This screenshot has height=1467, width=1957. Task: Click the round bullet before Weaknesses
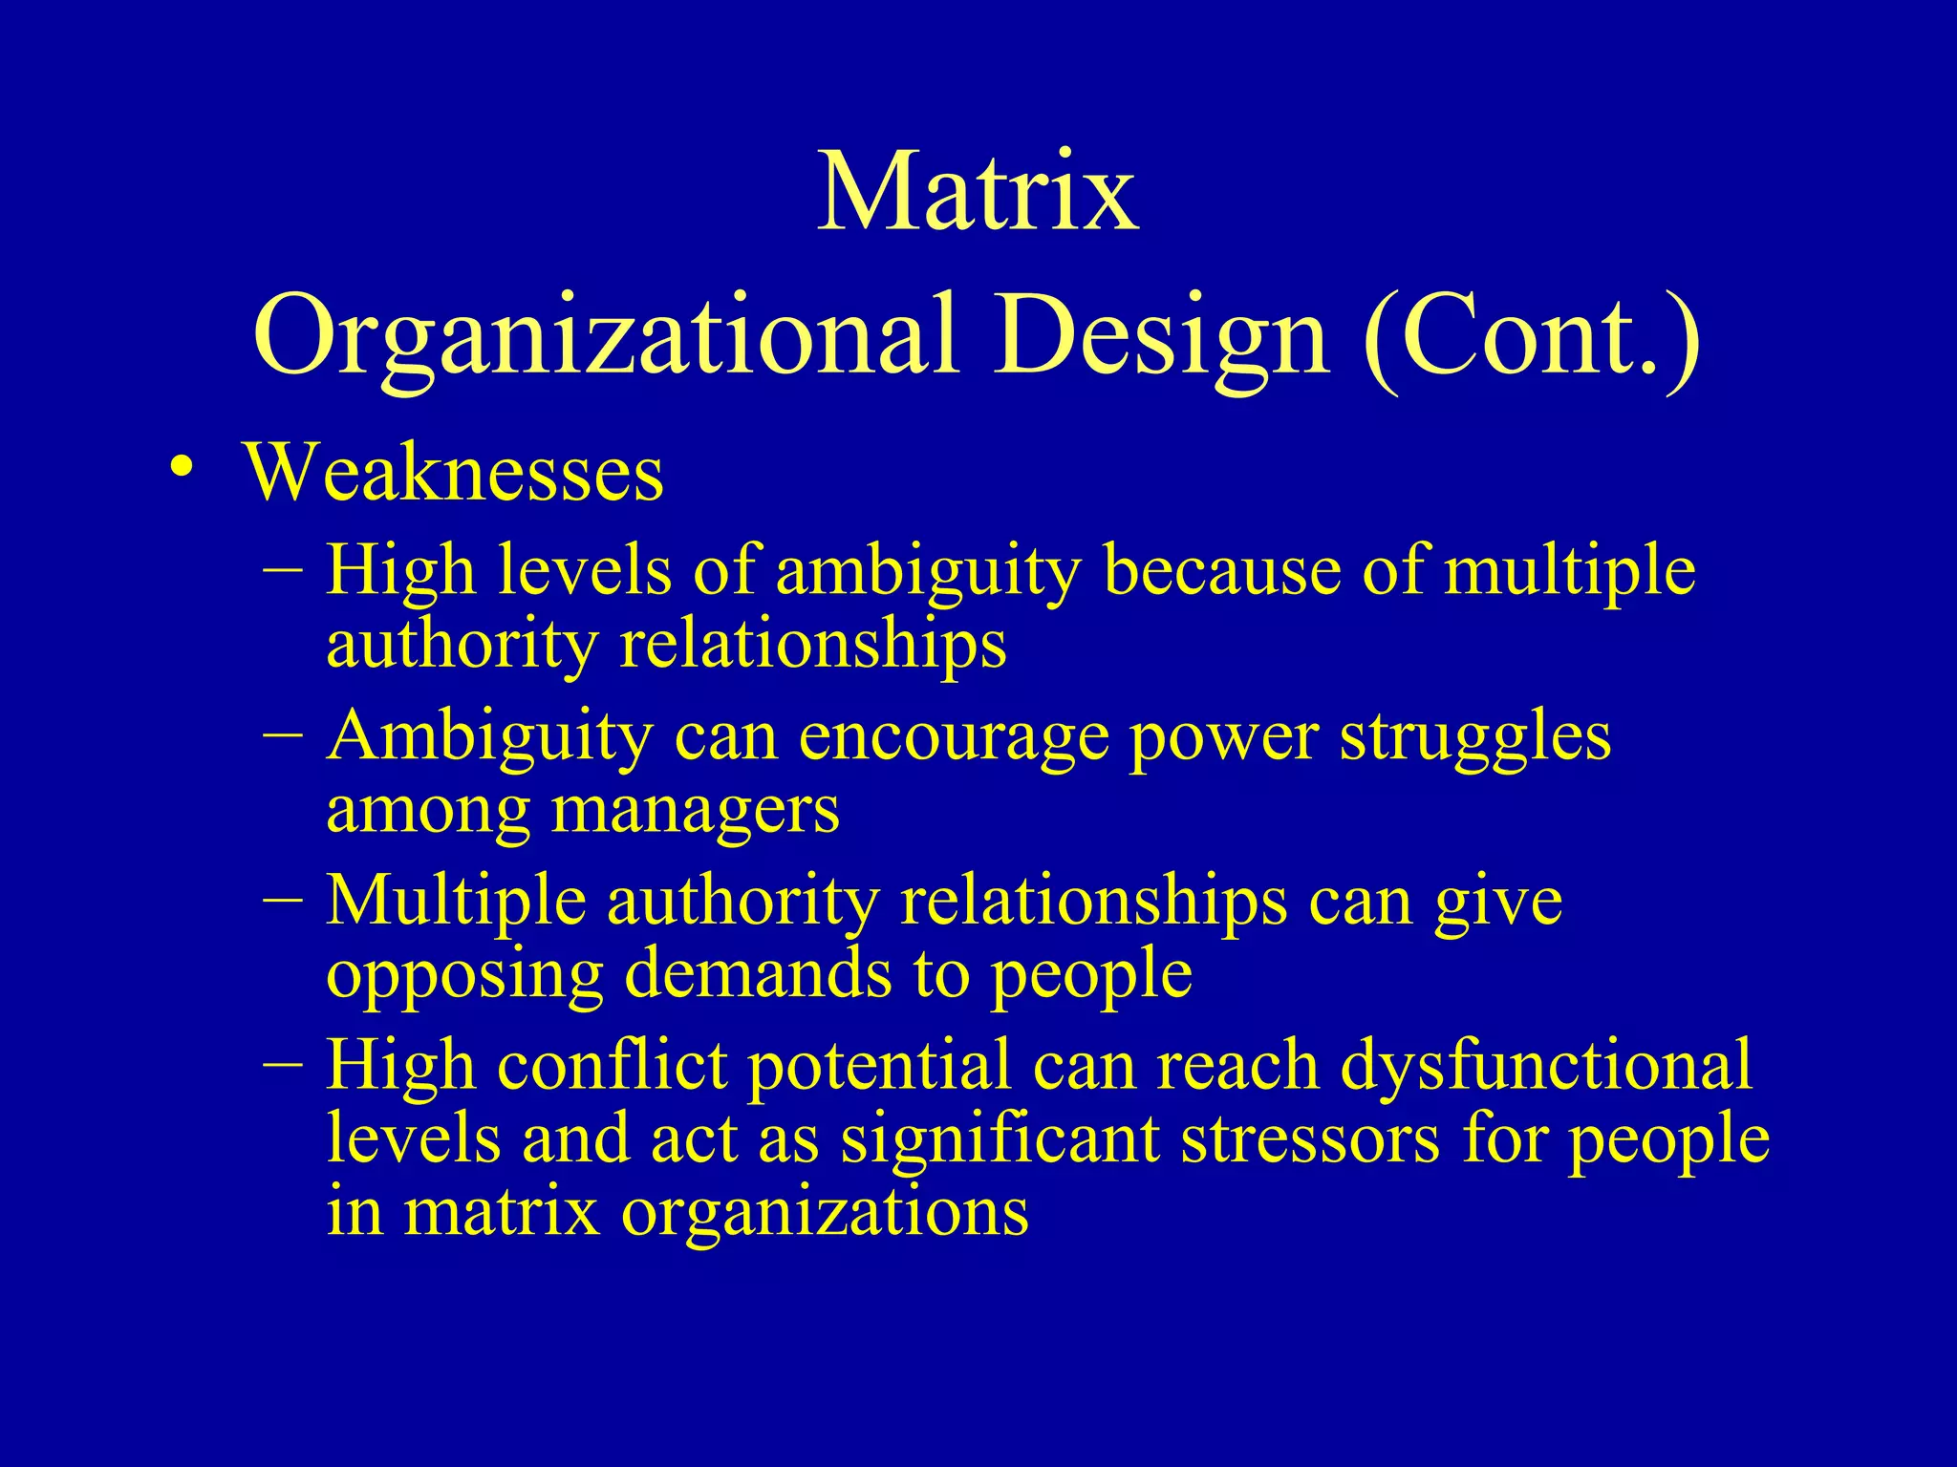pyautogui.click(x=181, y=467)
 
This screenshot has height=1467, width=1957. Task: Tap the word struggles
pyautogui.click(x=1475, y=738)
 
